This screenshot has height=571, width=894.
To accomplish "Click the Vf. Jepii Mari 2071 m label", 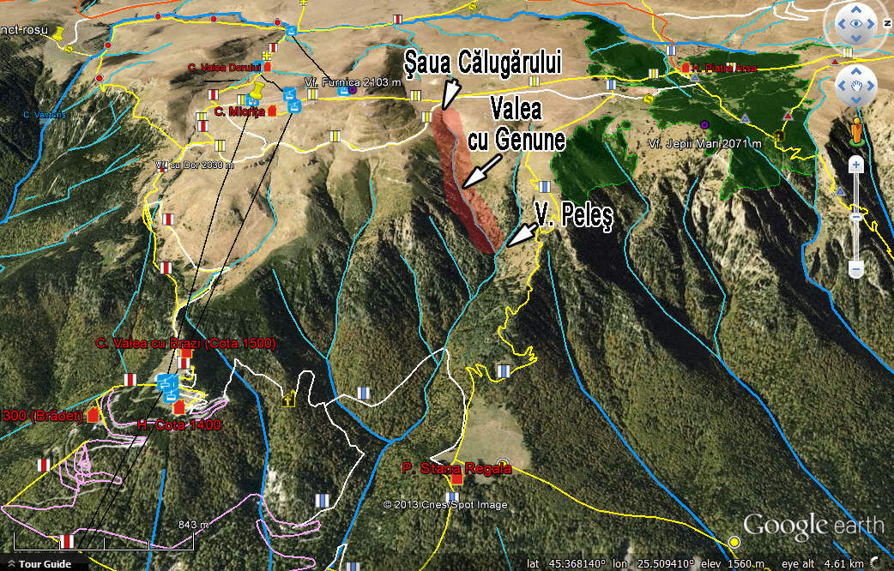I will pyautogui.click(x=705, y=144).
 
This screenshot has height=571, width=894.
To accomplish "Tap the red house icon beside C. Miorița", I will pyautogui.click(x=273, y=111).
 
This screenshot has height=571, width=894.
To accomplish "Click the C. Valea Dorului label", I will pyautogui.click(x=224, y=68).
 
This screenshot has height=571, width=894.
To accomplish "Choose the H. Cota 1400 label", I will pyautogui.click(x=180, y=424).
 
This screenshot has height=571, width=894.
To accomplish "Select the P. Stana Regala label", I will pyautogui.click(x=457, y=468).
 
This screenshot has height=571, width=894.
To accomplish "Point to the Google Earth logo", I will pyautogui.click(x=812, y=524).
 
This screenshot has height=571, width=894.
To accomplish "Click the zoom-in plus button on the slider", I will pyautogui.click(x=855, y=164).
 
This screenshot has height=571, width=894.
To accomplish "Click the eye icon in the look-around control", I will pyautogui.click(x=855, y=25).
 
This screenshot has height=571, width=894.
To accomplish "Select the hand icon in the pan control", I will pyautogui.click(x=855, y=86).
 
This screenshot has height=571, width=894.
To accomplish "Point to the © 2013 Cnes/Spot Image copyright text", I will pyautogui.click(x=445, y=505).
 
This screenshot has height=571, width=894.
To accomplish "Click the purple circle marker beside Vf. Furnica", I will pyautogui.click(x=352, y=90).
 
